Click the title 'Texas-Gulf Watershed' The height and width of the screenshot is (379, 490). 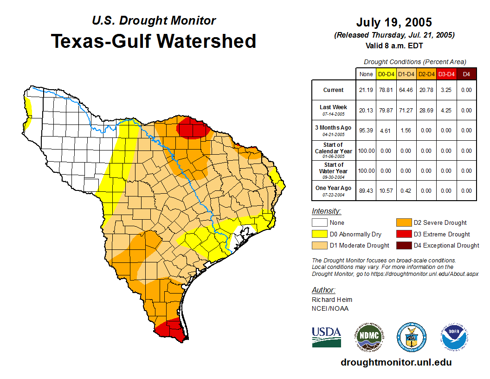pos(153,41)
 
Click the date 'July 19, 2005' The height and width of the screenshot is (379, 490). pos(394,22)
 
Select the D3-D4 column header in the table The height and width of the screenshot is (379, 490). pos(446,74)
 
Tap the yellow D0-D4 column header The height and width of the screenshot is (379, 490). pos(386,74)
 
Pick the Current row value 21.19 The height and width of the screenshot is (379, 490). pos(366,90)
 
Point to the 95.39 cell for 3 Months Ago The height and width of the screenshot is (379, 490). pos(366,131)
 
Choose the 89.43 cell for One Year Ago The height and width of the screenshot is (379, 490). pos(366,190)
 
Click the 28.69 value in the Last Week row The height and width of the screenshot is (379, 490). pos(426,111)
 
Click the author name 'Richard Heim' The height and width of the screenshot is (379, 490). pos(332,300)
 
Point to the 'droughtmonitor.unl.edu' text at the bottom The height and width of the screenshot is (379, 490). pos(396,362)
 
